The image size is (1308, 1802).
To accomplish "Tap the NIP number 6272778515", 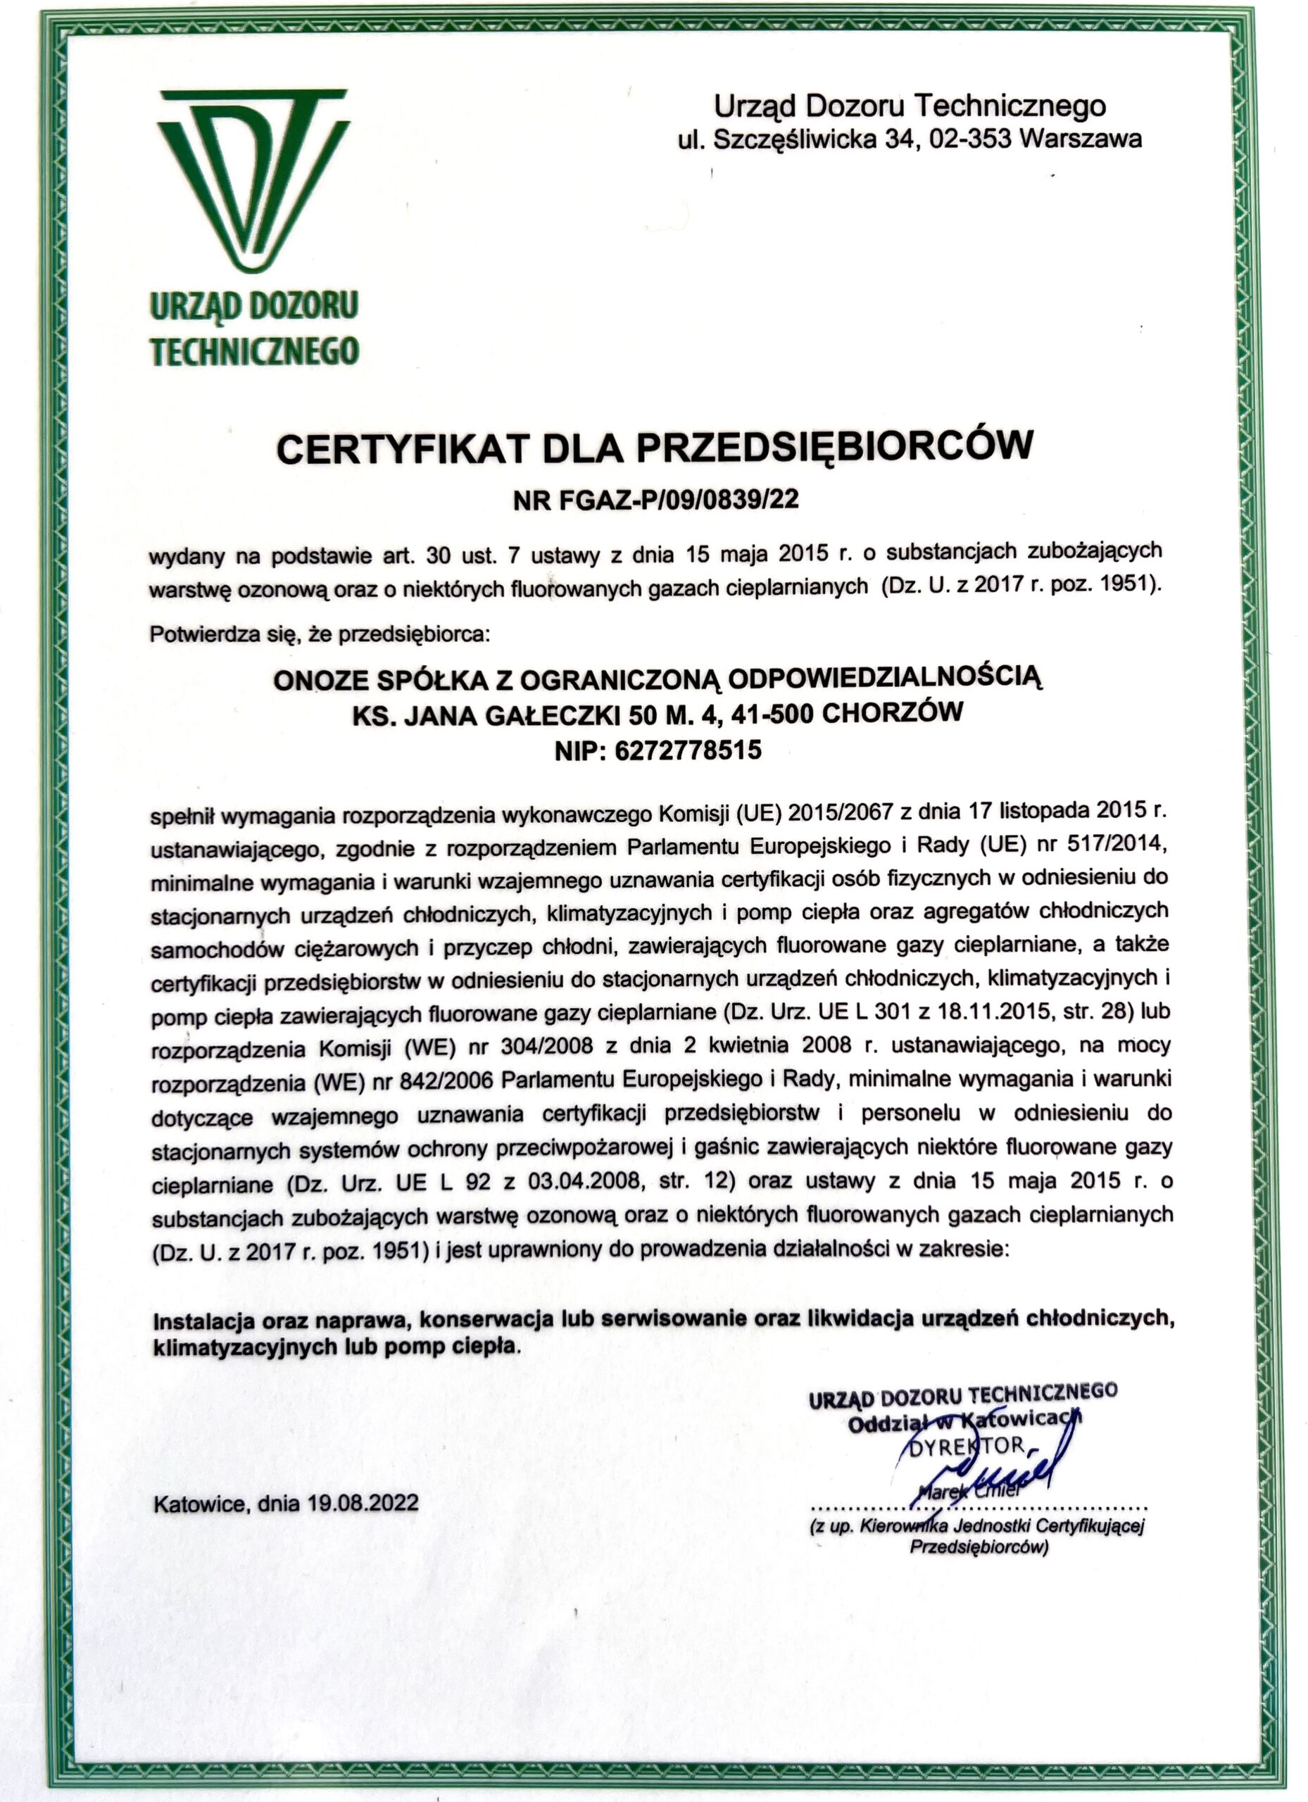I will pos(687,749).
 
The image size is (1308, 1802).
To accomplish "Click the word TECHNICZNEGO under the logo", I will pos(254,351).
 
